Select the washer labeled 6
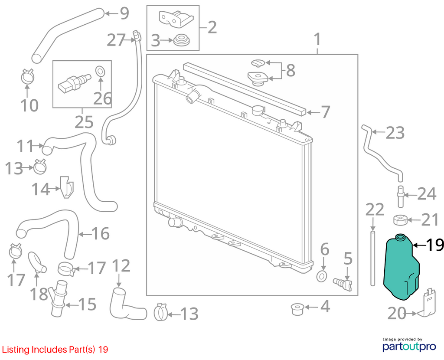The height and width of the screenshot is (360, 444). (322, 276)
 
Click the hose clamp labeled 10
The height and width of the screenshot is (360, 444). (27, 76)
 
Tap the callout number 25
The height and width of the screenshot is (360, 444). (84, 122)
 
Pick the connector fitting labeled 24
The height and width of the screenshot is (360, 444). (401, 196)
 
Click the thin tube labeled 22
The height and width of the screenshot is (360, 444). (372, 259)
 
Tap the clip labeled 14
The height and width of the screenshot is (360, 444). (66, 187)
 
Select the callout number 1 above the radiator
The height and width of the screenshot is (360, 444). (317, 39)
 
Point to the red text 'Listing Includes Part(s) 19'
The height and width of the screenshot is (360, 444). (55, 350)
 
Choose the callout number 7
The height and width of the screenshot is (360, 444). (325, 112)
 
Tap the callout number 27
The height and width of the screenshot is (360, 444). (116, 40)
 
